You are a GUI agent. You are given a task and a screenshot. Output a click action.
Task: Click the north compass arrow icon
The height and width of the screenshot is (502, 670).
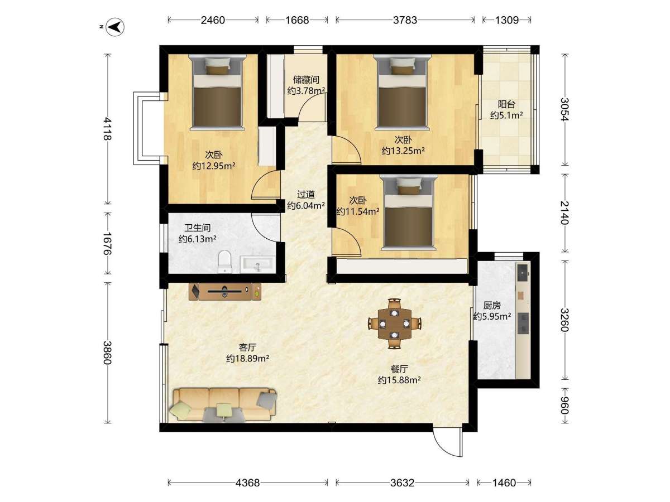coord(115,28)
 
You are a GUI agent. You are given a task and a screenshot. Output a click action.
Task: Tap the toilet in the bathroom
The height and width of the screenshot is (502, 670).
coord(225,262)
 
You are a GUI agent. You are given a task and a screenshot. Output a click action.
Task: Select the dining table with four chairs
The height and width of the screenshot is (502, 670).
coord(395,324)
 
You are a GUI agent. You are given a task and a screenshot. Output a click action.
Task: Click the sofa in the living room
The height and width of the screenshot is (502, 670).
coord(224,405)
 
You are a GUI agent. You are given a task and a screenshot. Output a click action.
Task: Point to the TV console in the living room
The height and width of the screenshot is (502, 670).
coord(225,292)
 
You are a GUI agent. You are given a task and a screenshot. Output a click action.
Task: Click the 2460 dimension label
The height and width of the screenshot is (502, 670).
coord(213,20)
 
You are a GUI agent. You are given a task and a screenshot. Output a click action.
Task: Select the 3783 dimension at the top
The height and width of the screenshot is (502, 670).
coord(405,20)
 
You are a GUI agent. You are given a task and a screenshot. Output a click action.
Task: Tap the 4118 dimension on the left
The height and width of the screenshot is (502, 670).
coord(107,129)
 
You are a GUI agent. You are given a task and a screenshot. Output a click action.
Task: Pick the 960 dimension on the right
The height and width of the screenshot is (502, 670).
coord(564,406)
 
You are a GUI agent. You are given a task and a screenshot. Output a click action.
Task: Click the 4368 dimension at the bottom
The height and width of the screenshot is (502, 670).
coord(247,482)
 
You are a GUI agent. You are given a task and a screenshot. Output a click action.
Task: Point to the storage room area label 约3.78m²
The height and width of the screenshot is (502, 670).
coord(306,91)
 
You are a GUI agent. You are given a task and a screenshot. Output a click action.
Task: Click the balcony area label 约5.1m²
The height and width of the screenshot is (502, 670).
coord(506,115)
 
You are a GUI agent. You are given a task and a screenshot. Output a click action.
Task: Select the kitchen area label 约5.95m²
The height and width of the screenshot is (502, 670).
coord(492,316)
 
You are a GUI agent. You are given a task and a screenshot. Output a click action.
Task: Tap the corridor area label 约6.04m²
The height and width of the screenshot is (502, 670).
coord(305,205)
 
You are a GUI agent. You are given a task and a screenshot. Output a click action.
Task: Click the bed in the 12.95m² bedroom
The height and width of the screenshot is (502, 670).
coord(217,92)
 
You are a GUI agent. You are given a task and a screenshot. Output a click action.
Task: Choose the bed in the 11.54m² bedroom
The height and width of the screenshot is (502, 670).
coord(409,213)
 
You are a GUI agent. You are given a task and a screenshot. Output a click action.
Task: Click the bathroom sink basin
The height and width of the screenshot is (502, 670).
coord(257,264)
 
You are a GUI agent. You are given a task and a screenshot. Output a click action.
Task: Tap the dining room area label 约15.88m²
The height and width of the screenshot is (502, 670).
coord(399,380)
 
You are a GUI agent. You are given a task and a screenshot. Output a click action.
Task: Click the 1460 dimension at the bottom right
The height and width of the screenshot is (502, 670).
coord(504,482)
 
